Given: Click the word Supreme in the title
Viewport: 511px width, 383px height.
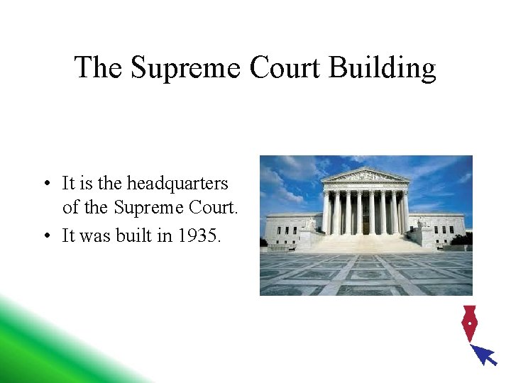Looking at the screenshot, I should (x=182, y=68).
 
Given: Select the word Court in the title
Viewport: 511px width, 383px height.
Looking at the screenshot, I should (x=283, y=68).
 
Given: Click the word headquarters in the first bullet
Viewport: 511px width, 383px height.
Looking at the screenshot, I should (x=177, y=183).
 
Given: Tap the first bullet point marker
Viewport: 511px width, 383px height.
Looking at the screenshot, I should (x=45, y=184).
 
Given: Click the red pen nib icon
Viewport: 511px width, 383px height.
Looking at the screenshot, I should (x=468, y=323).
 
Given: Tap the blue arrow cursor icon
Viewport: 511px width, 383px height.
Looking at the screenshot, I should (x=485, y=354).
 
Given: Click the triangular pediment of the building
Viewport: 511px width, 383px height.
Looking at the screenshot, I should (x=365, y=175).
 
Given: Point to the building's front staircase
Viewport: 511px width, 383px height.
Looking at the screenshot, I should (x=365, y=244).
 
